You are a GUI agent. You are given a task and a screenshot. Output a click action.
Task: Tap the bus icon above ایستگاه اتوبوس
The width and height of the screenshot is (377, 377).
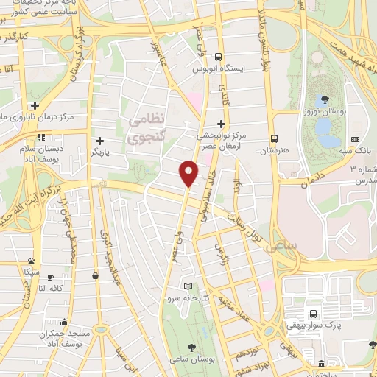(218, 57)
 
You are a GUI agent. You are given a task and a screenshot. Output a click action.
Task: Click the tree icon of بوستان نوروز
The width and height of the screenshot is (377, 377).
(324, 99)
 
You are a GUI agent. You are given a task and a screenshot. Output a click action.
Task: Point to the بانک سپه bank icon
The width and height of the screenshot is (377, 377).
(356, 139)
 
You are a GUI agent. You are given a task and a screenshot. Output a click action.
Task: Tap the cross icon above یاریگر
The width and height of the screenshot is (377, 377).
(100, 140)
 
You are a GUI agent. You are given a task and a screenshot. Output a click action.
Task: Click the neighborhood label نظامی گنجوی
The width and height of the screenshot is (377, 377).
(147, 127)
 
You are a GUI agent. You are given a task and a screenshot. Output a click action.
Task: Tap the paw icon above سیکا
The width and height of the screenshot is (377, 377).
(31, 261)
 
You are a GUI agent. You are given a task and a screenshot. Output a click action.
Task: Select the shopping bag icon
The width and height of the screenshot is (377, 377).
(96, 275)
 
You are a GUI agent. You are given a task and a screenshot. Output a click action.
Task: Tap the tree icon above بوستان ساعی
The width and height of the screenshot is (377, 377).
(192, 346)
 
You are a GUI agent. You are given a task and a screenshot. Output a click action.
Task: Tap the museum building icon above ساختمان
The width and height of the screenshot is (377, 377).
(320, 364)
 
